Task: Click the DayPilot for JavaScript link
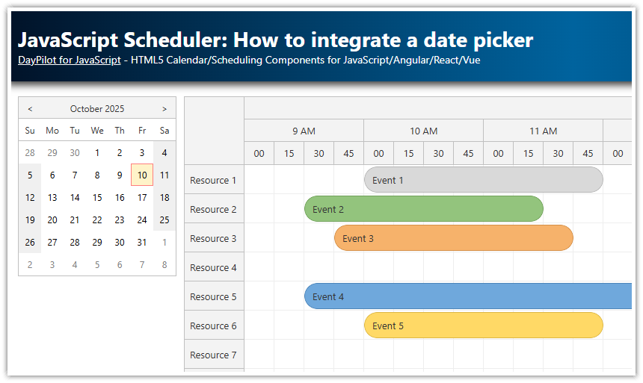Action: pos(69,60)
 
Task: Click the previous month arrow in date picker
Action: pos(30,109)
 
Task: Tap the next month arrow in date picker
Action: pos(164,109)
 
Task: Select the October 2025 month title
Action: pos(97,109)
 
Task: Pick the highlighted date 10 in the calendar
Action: pos(142,175)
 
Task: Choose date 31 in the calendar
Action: pos(142,242)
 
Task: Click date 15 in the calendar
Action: pos(97,198)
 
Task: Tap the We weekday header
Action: pos(97,131)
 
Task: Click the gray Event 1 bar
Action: pos(483,180)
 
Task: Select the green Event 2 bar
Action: pos(423,209)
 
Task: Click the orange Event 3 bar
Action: pos(453,238)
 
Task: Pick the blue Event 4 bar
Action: pos(468,296)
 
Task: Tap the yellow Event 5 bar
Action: pos(483,326)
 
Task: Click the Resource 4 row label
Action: pos(213,267)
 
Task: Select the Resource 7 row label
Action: pos(213,355)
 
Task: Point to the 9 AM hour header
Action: pos(304,131)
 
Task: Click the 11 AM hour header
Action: pos(543,131)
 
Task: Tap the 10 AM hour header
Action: pos(423,131)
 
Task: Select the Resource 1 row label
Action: pos(213,180)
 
